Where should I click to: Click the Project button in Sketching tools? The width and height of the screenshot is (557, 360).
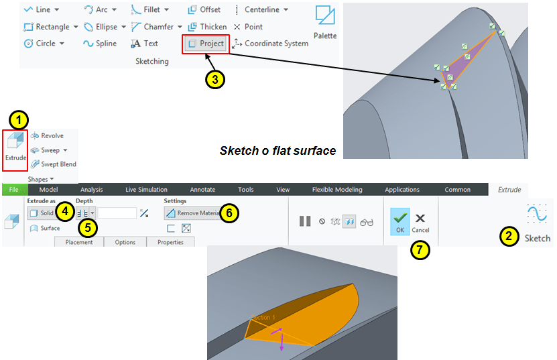pos(206,44)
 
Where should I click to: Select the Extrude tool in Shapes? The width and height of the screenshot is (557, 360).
pos(15,146)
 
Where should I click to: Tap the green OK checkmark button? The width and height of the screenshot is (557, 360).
pos(400,221)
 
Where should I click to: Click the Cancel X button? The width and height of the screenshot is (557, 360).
pos(420,223)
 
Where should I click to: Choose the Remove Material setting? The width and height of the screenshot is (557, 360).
pos(193,213)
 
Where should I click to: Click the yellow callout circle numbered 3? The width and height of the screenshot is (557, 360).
pos(215,79)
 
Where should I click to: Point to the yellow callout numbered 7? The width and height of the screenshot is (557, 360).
pos(420,250)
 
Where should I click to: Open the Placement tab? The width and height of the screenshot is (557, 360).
pos(79,242)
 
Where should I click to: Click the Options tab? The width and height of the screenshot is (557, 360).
pos(125,242)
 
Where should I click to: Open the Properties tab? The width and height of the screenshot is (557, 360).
pos(170,242)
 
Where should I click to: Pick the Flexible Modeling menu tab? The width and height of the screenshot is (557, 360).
pos(337,190)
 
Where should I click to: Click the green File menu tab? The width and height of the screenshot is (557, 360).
pos(14,190)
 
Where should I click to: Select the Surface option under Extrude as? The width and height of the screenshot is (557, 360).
pos(45,228)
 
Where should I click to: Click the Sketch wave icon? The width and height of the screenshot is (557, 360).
pos(537,214)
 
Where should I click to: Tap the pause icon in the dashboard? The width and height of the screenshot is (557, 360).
pos(305,221)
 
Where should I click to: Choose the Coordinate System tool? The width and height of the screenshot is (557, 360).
pos(270,44)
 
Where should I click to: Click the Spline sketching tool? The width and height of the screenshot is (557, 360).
pos(100,44)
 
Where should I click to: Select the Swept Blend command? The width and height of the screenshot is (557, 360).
pos(53,164)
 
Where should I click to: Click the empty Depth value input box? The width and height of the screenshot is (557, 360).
pos(117,213)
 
